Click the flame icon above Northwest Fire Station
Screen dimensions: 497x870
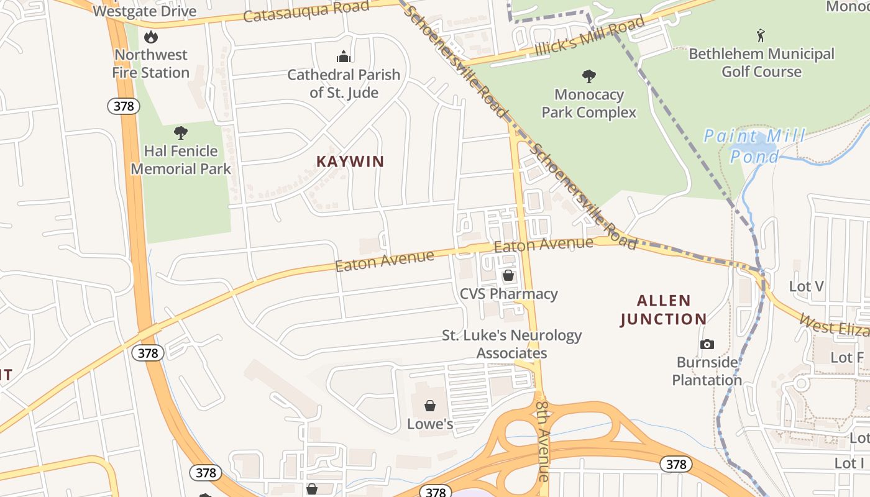(x=151, y=37)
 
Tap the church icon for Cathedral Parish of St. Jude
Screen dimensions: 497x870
(x=344, y=57)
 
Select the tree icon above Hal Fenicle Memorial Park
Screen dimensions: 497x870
(x=181, y=132)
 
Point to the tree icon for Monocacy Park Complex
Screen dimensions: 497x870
(x=588, y=76)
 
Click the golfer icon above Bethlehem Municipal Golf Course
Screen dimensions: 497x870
(x=761, y=35)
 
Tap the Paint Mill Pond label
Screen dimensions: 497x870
(x=754, y=146)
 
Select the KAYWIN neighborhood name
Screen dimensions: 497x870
(x=350, y=162)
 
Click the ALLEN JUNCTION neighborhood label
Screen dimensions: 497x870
(x=664, y=310)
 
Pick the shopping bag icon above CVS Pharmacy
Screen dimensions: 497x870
(x=508, y=275)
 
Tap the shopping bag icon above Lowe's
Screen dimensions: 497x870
(x=429, y=406)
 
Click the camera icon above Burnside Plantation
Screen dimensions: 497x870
(x=707, y=344)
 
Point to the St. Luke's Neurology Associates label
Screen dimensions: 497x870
(x=511, y=344)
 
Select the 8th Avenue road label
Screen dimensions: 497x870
(x=542, y=440)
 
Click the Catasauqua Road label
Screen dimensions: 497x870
(x=306, y=11)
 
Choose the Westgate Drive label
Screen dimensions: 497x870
(x=144, y=11)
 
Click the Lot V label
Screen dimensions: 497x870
(x=806, y=286)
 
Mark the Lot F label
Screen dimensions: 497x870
(x=847, y=357)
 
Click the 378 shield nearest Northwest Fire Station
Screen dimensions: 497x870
(x=124, y=106)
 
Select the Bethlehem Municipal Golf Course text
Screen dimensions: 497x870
(x=761, y=63)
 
